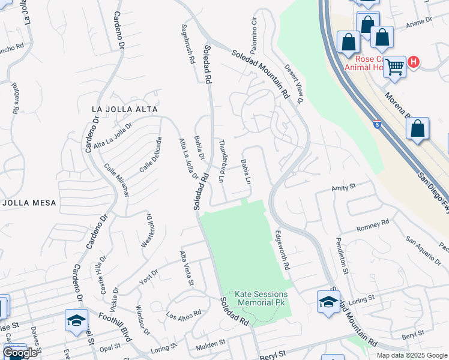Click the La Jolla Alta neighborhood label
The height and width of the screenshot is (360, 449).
tap(125, 109)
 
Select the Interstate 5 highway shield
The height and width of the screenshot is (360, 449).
tap(376, 125)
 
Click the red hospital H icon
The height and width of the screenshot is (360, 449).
tap(413, 62)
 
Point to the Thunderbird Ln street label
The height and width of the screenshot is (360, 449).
tap(221, 160)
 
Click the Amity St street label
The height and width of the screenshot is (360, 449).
tap(344, 188)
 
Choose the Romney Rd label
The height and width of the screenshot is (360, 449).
tap(373, 226)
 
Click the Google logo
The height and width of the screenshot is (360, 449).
tap(20, 353)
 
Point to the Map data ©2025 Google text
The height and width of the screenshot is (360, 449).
tap(411, 355)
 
